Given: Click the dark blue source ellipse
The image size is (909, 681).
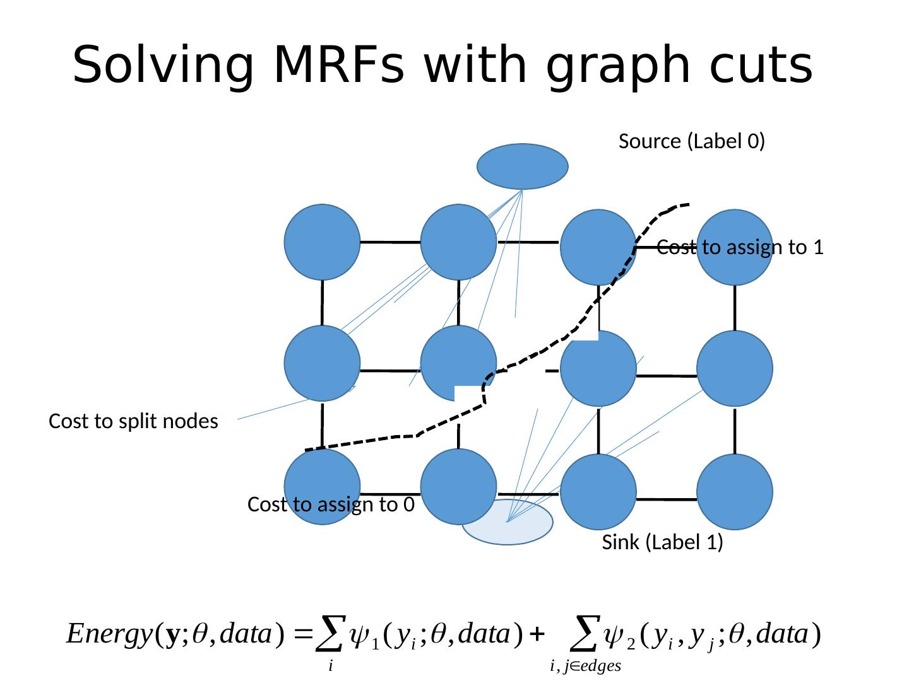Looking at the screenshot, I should click(523, 166).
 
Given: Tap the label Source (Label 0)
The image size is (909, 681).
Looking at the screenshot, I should click(692, 141).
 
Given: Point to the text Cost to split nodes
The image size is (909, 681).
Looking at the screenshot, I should click(133, 421).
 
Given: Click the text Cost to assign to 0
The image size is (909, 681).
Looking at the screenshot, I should click(331, 504).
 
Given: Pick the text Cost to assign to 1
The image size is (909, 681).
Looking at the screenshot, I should click(740, 248).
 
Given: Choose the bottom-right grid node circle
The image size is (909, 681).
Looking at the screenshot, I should click(735, 492).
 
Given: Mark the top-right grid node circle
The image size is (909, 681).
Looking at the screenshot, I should click(735, 247).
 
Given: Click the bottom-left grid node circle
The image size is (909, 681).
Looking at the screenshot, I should click(323, 487).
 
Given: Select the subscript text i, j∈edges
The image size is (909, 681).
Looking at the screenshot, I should click(585, 665).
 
